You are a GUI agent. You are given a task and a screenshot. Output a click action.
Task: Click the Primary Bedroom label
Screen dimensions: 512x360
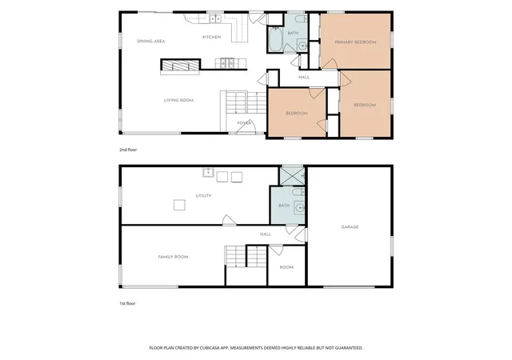[355, 42]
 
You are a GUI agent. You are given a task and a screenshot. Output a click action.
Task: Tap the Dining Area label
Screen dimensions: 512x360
[151, 41]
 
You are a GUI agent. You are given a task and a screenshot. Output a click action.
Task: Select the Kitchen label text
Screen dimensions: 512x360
[211, 38]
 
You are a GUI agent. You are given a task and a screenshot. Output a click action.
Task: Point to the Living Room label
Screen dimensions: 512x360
[178, 100]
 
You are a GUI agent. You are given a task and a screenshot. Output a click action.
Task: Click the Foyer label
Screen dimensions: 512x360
[244, 123]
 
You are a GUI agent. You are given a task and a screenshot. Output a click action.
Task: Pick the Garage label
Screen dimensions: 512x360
[350, 226]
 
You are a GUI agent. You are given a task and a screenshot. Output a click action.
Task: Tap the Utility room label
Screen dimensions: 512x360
[203, 196]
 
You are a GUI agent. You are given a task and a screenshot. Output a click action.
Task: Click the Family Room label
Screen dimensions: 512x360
[173, 257]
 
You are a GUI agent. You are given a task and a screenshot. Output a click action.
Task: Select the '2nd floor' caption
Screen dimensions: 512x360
[128, 150]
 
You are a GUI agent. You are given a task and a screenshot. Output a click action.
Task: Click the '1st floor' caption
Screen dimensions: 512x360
[127, 303]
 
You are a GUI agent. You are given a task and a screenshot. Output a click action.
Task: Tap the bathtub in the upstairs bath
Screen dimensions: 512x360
[275, 39]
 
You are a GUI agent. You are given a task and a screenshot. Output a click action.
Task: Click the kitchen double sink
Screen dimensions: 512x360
[215, 19]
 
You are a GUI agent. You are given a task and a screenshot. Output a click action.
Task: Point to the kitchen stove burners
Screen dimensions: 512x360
[227, 63]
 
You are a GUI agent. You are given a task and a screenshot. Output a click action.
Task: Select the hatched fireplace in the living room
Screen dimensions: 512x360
[181, 65]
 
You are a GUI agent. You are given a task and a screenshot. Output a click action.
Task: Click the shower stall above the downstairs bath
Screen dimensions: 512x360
[293, 176]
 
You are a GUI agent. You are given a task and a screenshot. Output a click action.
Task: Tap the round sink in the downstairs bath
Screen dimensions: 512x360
[300, 208]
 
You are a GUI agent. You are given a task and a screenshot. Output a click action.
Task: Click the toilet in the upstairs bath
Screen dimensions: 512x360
[301, 19]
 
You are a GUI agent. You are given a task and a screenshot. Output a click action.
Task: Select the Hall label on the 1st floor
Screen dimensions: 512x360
[266, 234]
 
